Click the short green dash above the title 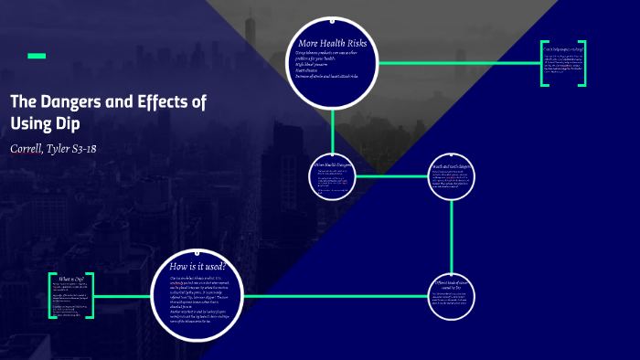point(37,56)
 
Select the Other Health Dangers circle point(332,175)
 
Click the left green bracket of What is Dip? point(51,295)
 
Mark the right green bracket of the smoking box point(582,64)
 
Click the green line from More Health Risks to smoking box point(457,63)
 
